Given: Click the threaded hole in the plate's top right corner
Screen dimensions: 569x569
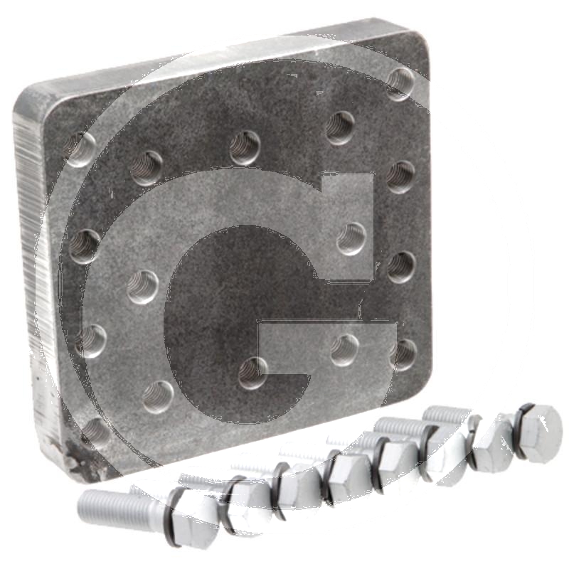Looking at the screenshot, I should point(400,84).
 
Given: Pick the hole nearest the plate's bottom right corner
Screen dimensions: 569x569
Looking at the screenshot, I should point(403,354).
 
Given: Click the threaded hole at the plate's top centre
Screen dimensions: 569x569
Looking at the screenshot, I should point(245,148).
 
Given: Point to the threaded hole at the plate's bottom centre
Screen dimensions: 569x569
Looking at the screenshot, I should point(252,373).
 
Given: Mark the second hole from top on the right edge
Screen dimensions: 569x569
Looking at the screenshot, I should point(400,176).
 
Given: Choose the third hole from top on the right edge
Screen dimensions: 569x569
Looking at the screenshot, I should point(400,267).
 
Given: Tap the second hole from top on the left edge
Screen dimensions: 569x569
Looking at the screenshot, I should point(85,246).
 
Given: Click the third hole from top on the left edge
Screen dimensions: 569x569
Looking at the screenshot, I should point(91,341).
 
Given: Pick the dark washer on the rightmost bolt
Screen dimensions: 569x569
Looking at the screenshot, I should point(521,430).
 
